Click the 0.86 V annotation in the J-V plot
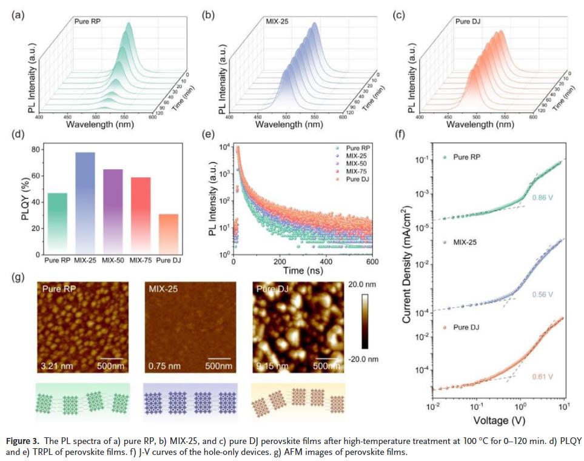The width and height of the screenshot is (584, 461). pyautogui.click(x=543, y=198)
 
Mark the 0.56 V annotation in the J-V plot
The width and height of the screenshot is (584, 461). pyautogui.click(x=543, y=294)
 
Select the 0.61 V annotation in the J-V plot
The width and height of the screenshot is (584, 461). pyautogui.click(x=543, y=377)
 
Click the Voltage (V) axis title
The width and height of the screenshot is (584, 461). pyautogui.click(x=499, y=419)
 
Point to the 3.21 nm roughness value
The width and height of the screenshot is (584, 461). pyautogui.click(x=54, y=366)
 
